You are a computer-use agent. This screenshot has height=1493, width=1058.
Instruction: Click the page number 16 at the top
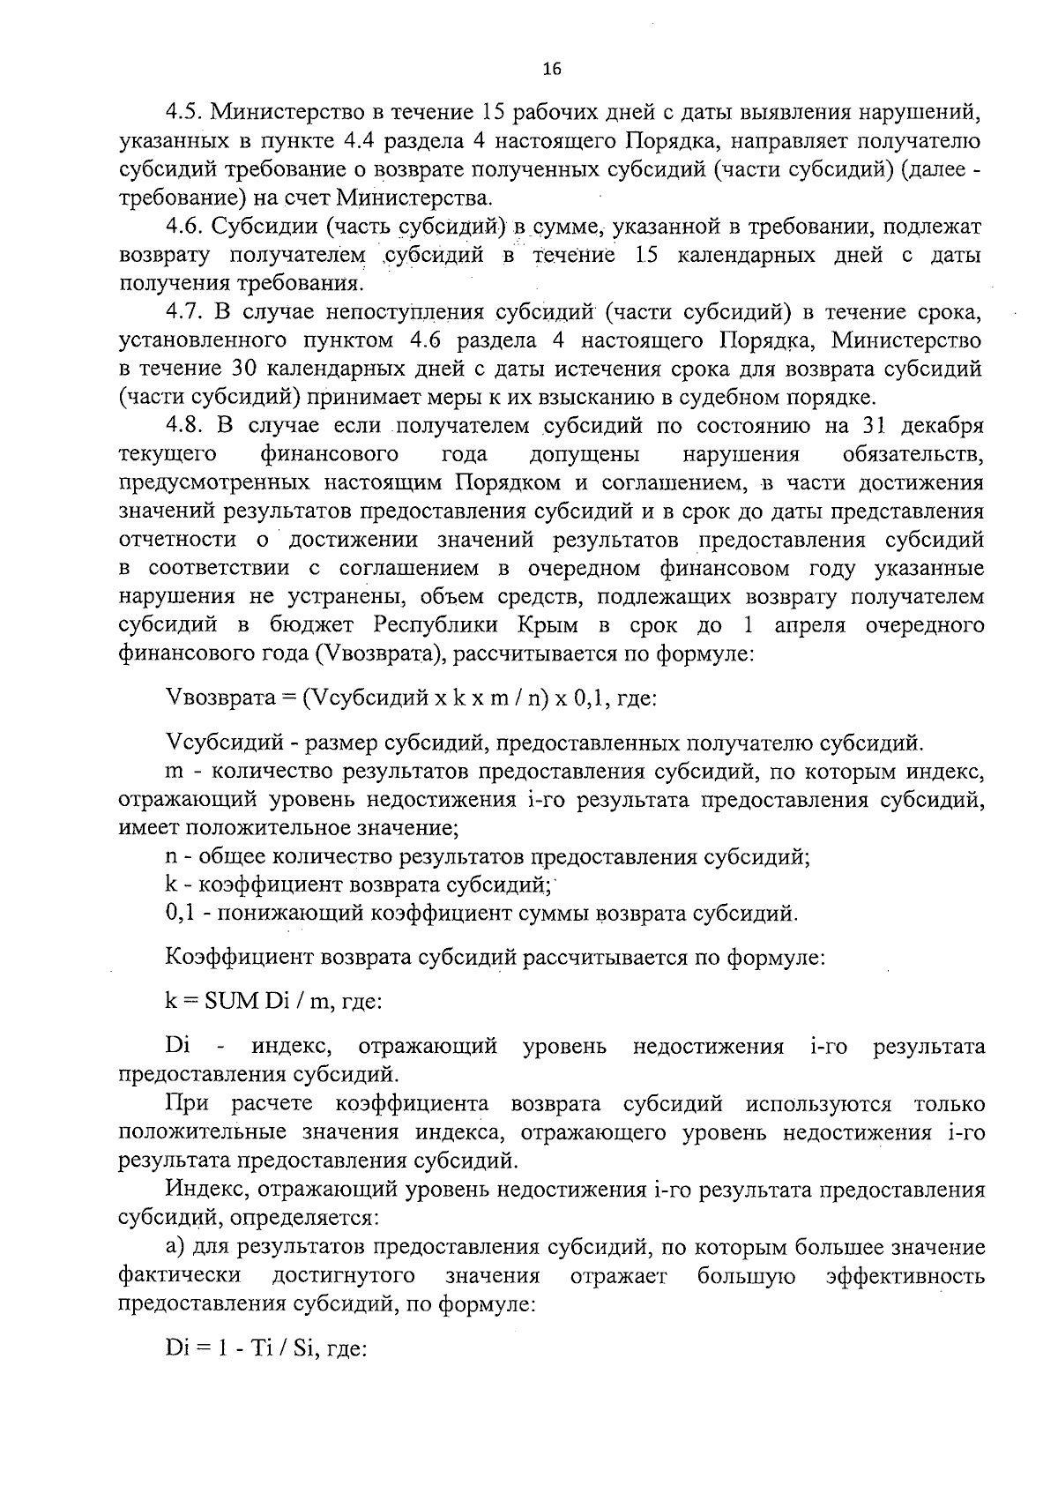tap(553, 70)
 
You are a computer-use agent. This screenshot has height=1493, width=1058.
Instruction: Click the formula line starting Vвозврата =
tap(411, 699)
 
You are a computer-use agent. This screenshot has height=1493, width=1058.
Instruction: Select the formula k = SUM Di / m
tap(272, 1001)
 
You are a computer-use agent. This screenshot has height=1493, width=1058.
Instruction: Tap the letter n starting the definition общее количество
tap(170, 856)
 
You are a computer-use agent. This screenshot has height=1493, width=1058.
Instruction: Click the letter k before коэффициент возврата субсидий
tap(170, 884)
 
